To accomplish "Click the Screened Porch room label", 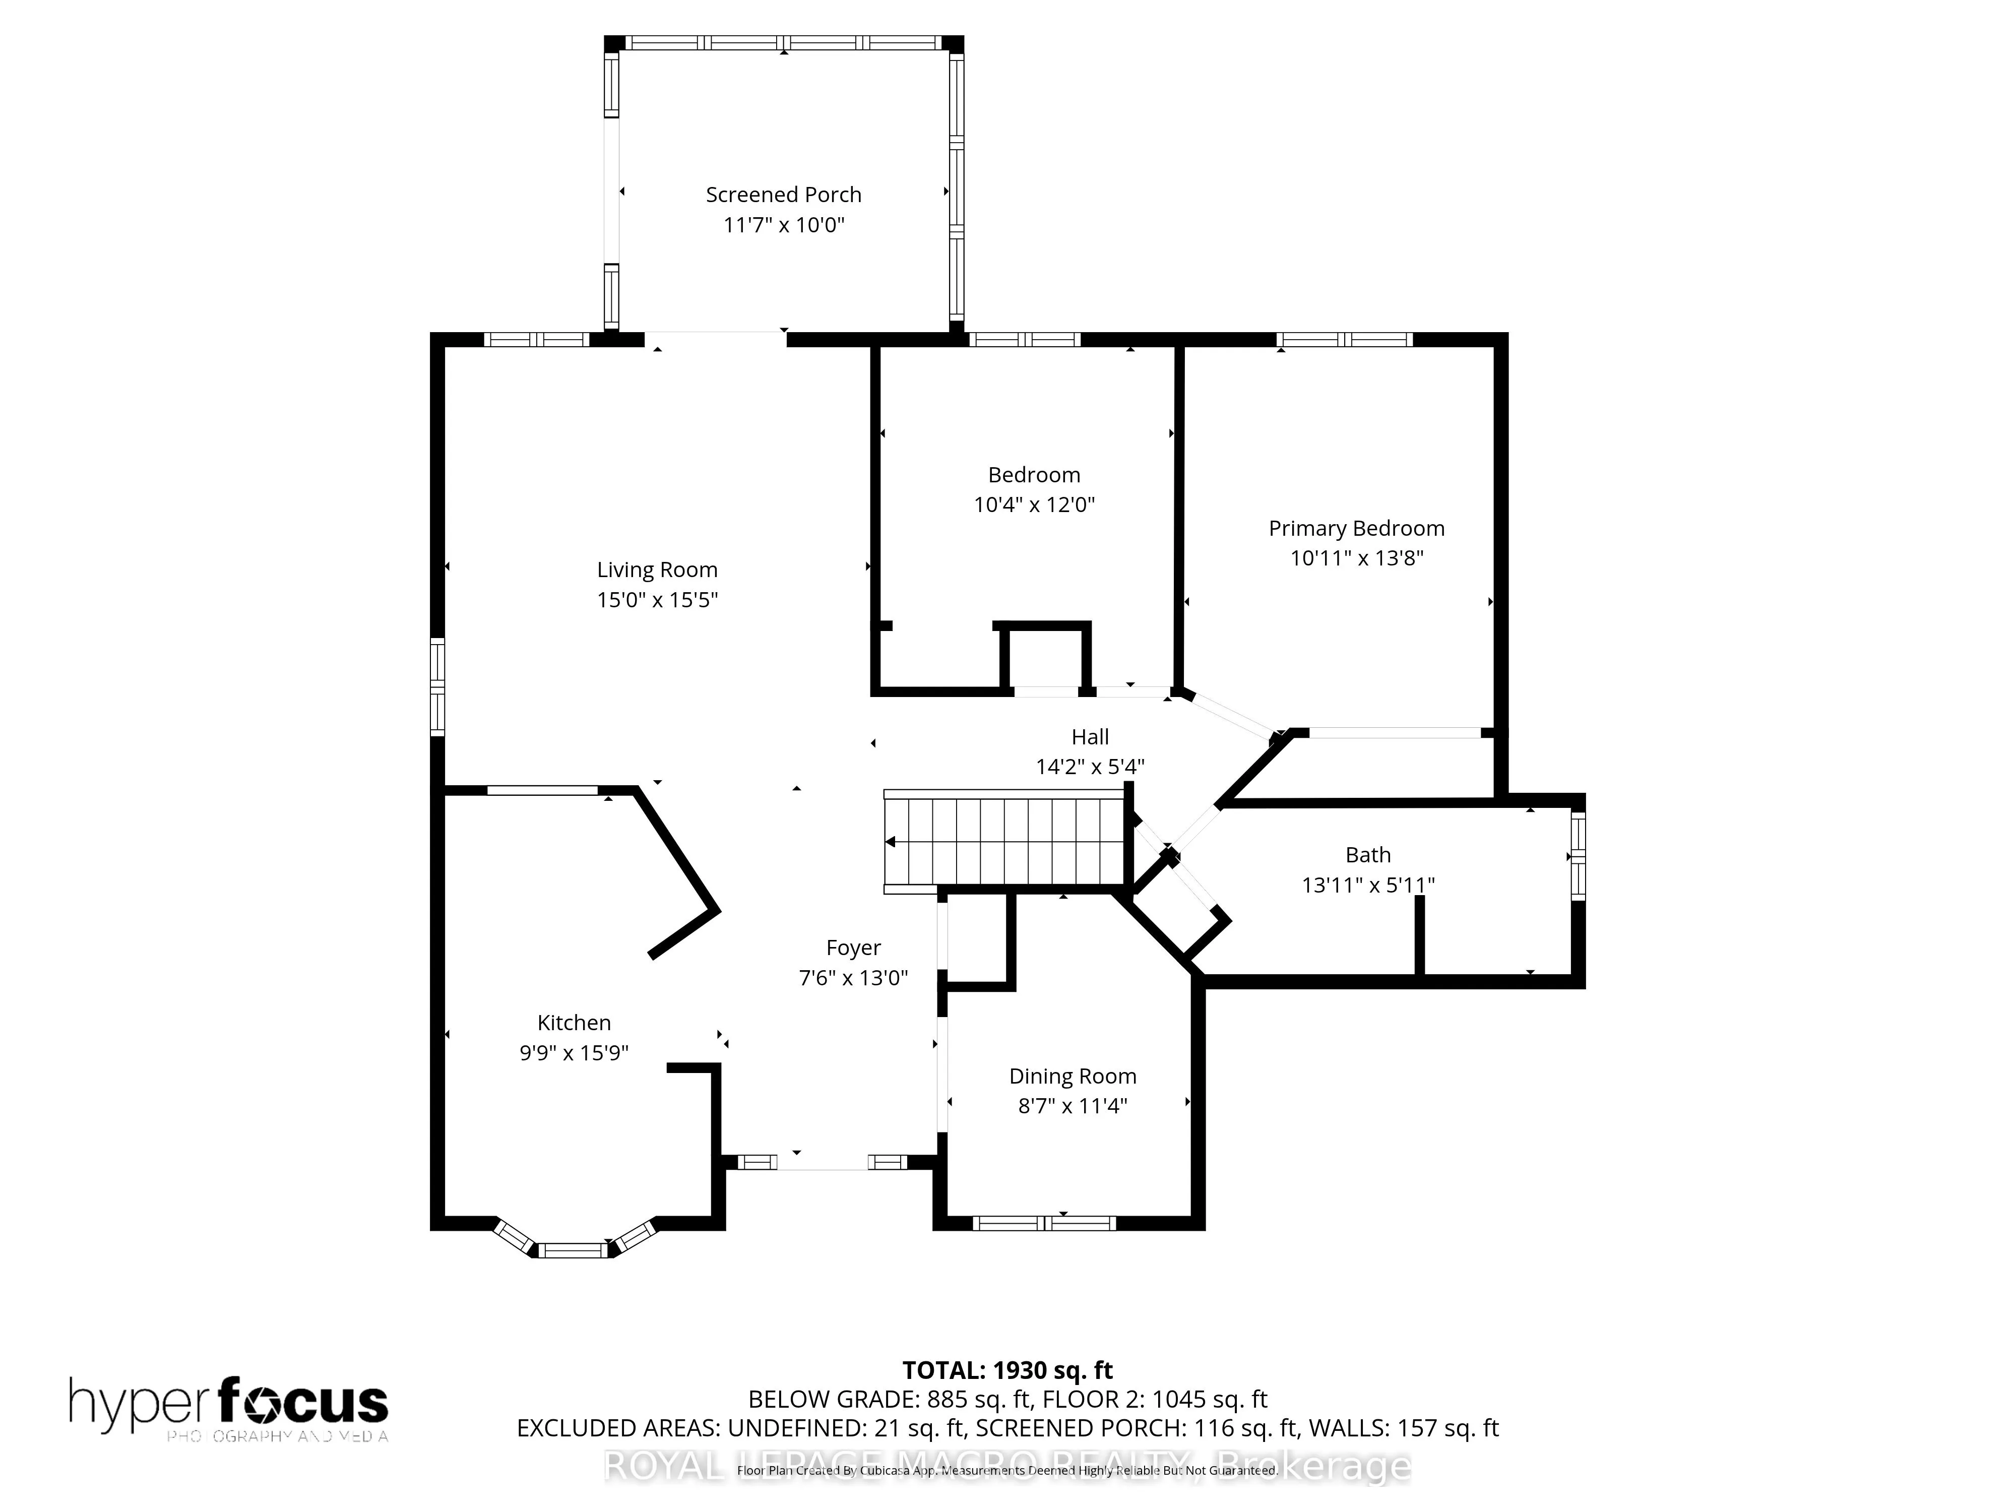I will [x=783, y=194].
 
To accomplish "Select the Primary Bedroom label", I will [x=1356, y=529].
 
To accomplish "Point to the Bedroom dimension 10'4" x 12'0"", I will [x=1034, y=504].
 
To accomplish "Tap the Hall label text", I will [x=1090, y=736].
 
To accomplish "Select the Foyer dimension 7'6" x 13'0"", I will [x=853, y=978].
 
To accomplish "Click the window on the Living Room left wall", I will [x=437, y=687].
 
